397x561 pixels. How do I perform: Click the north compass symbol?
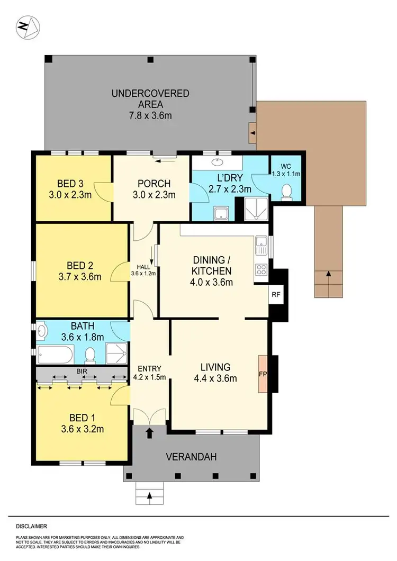tap(28, 26)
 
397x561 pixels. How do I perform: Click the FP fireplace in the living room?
tap(263, 374)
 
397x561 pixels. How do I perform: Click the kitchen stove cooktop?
tap(261, 270)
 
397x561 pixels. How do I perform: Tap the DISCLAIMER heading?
tap(31, 527)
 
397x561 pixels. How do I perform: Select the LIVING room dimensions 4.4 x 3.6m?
tap(215, 378)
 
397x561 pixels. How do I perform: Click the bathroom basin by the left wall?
tap(42, 331)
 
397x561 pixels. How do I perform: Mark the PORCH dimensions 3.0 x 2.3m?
tap(154, 195)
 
